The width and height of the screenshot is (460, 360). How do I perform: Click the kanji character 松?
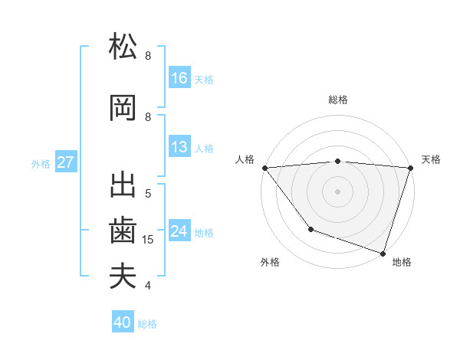(x=123, y=47)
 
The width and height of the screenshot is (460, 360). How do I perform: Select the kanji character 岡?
(x=123, y=108)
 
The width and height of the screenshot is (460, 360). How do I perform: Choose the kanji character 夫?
(x=123, y=276)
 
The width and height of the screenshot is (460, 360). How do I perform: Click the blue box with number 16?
(x=179, y=77)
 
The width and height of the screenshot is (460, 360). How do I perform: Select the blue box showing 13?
(x=179, y=147)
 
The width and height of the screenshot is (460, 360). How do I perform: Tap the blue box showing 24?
(x=179, y=231)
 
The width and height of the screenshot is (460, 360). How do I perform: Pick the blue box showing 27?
(x=66, y=162)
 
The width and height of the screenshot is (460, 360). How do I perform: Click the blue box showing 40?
(x=123, y=322)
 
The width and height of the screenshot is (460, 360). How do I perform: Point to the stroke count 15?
(x=149, y=240)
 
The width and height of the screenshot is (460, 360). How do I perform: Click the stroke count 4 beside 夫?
(x=148, y=286)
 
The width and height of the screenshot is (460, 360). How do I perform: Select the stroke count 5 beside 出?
(x=148, y=194)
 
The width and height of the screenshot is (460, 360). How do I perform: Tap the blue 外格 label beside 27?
(x=41, y=163)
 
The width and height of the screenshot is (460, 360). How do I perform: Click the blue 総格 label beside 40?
(x=147, y=324)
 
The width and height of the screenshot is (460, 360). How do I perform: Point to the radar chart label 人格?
(x=245, y=159)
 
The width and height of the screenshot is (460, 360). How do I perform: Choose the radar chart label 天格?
(x=431, y=159)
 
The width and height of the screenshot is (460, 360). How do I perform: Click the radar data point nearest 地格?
(x=382, y=253)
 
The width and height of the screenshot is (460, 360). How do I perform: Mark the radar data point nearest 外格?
(x=310, y=229)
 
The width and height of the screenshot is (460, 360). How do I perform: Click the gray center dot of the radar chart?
(x=337, y=191)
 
